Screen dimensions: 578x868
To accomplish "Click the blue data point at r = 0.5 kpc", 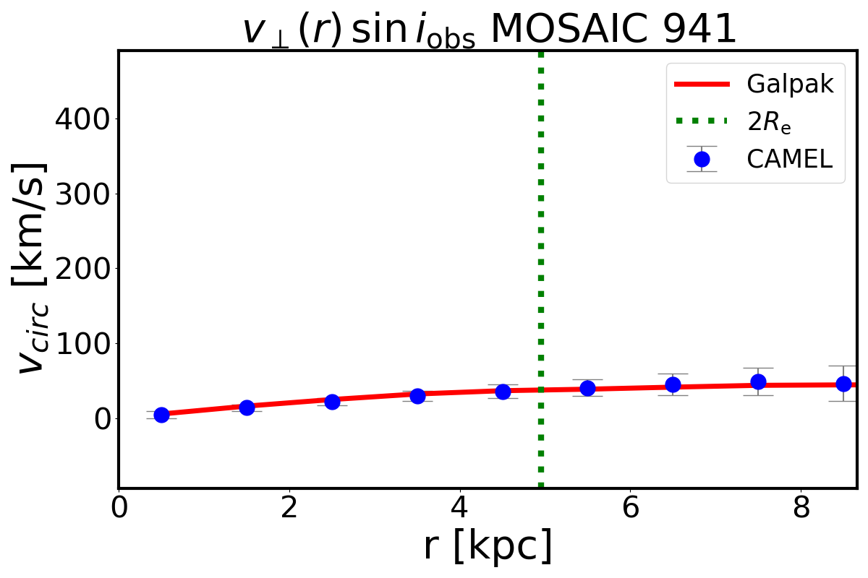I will pos(161,415).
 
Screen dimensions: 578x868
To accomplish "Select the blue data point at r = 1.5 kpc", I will pos(247,407).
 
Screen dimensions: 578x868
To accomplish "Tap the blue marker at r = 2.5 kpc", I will pos(332,402).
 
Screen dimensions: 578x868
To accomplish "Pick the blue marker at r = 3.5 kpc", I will pos(417,396).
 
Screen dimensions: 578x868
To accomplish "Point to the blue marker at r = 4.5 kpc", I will pos(503,392).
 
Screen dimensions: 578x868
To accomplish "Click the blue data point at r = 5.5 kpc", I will pos(587,388).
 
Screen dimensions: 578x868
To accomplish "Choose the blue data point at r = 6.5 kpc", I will pos(673,384).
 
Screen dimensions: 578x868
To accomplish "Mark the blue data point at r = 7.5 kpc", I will pos(758,381).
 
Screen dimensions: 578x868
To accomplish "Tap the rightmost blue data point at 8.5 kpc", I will pos(843,384).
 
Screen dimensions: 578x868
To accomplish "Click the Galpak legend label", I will pos(791,85).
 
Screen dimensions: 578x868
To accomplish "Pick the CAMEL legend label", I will pos(790,159).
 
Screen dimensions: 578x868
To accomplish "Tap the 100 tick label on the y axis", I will pos(76,343).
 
